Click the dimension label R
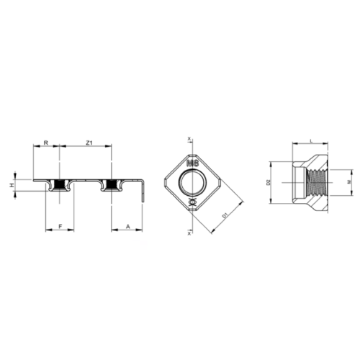click(x=46, y=143)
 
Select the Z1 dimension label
click(x=88, y=143)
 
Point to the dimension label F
click(x=60, y=226)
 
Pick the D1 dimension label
click(x=225, y=214)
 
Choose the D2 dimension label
click(x=267, y=183)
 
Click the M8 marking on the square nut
click(x=192, y=164)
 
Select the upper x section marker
click(x=189, y=138)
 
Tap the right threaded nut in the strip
click(x=111, y=185)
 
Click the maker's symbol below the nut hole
click(x=192, y=203)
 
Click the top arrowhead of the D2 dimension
click(x=274, y=161)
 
